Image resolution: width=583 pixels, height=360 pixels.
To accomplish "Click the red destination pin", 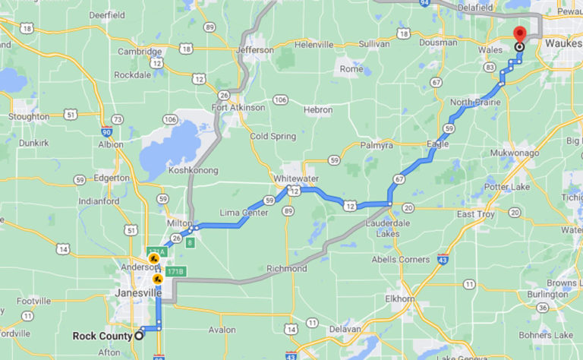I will (519, 34).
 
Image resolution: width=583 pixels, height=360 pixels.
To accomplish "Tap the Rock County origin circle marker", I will (140, 336).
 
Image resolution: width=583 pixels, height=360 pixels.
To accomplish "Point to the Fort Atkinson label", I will (238, 108).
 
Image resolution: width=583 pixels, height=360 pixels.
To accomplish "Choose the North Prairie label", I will (474, 103).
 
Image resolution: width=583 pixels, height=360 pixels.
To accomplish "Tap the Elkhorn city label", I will (399, 299).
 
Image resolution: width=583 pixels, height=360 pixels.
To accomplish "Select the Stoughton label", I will (29, 117).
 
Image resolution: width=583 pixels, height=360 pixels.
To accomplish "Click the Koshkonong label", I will (193, 170).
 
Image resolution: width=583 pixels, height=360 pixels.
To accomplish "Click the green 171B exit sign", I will (175, 272).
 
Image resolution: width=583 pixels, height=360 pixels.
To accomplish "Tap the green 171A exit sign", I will (156, 251).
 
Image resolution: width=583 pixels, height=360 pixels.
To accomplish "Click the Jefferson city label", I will (255, 50).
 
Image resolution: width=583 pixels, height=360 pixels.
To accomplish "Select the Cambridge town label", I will (139, 52).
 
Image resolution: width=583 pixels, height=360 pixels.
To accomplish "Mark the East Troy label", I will (476, 215).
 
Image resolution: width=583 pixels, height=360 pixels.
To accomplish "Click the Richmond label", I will (287, 269).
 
